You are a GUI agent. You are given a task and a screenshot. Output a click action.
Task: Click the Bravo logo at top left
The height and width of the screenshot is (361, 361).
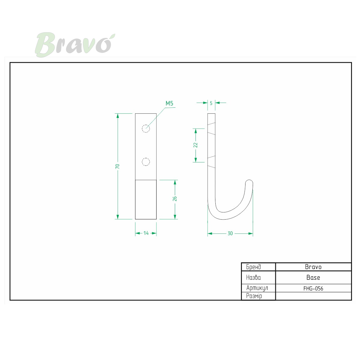point(75,45)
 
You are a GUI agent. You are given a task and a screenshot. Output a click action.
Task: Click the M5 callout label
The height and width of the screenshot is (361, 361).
point(169,103)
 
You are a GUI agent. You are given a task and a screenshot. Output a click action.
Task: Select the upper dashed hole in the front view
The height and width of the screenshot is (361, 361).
point(146,128)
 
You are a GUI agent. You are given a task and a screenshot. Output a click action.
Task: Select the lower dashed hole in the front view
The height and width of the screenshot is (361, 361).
point(146,162)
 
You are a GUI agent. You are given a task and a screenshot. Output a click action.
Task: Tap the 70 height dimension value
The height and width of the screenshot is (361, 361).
point(117,166)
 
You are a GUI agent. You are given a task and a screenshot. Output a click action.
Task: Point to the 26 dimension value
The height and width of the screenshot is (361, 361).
point(174,199)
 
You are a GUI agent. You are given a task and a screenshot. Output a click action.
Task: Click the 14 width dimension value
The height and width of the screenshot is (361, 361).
point(146,233)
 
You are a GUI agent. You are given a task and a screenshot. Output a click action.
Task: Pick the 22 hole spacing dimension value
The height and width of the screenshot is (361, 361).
point(196,145)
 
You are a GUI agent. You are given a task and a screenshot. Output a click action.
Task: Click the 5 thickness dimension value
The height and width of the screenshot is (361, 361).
point(211,103)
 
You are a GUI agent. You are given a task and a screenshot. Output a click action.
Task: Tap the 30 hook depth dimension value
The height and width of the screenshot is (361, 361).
point(230,233)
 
